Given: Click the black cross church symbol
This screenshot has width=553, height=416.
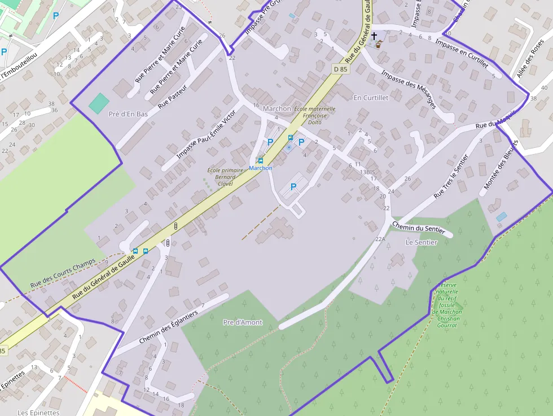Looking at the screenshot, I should coord(374,36).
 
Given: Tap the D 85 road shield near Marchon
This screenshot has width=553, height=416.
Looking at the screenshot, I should coord(340,69).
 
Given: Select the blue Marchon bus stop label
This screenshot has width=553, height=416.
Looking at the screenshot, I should coord(261,168).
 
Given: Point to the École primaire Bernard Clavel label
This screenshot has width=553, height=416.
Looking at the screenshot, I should coord(221,177).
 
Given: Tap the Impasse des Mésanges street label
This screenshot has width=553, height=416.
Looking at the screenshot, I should coord(409,89).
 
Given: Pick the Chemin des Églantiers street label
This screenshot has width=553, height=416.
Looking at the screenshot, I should coord(168,328).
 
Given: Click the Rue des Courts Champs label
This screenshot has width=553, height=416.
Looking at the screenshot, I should coord(63,274).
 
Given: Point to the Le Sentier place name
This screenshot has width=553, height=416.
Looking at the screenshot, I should coord(422,242).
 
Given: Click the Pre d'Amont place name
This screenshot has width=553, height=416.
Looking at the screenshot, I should coord(243,322).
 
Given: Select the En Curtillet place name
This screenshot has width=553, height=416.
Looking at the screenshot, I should coord(371,98).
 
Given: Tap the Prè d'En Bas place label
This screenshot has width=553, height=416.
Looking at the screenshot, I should coord(128,114).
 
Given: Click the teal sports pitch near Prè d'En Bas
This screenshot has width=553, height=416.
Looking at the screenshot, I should coord(99,103).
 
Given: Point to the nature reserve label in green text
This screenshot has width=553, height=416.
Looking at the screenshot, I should coord(447,305).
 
